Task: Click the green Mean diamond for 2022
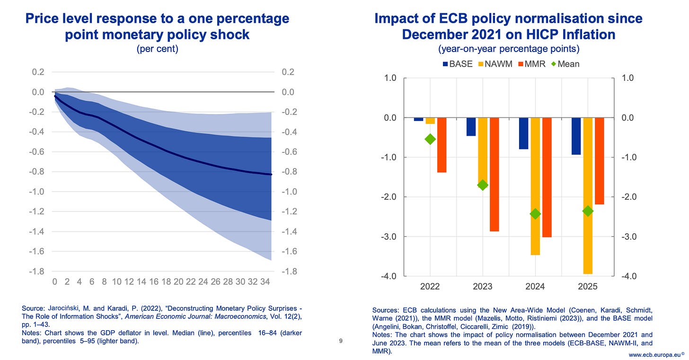click(x=430, y=139)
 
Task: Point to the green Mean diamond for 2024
click(x=535, y=214)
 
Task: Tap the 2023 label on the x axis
click(x=483, y=286)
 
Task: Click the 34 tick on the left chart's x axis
click(x=265, y=282)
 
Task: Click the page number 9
click(x=341, y=341)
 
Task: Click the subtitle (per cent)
click(x=157, y=49)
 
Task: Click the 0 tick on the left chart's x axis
click(x=55, y=282)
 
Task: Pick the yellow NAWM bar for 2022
click(x=430, y=121)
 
